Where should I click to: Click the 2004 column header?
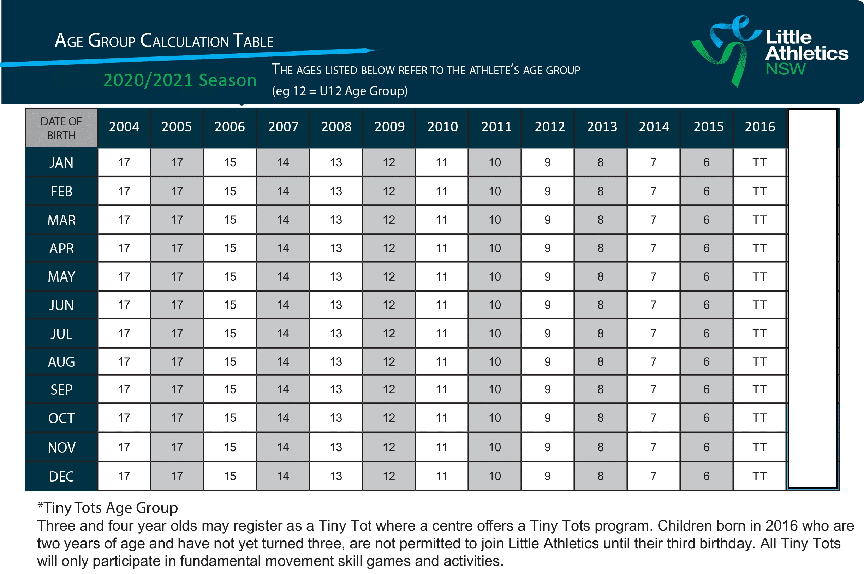click(124, 127)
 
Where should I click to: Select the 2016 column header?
click(759, 127)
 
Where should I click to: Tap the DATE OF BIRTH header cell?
click(61, 128)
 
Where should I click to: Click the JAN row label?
click(61, 162)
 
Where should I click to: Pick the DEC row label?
click(61, 476)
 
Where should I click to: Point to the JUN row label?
click(61, 305)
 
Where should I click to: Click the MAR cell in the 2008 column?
click(336, 220)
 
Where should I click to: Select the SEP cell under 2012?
click(547, 389)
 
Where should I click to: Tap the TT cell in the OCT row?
click(759, 418)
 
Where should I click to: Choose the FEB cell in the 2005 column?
click(177, 191)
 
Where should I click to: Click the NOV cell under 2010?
click(441, 447)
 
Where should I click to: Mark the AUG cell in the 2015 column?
click(706, 362)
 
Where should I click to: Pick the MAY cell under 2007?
click(282, 276)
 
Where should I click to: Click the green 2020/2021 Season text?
click(180, 80)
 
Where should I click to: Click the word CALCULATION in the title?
click(185, 41)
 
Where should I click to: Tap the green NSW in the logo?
click(786, 69)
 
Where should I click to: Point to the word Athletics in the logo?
click(806, 53)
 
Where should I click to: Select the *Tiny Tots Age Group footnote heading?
click(108, 508)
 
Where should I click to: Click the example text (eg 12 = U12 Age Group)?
click(339, 91)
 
